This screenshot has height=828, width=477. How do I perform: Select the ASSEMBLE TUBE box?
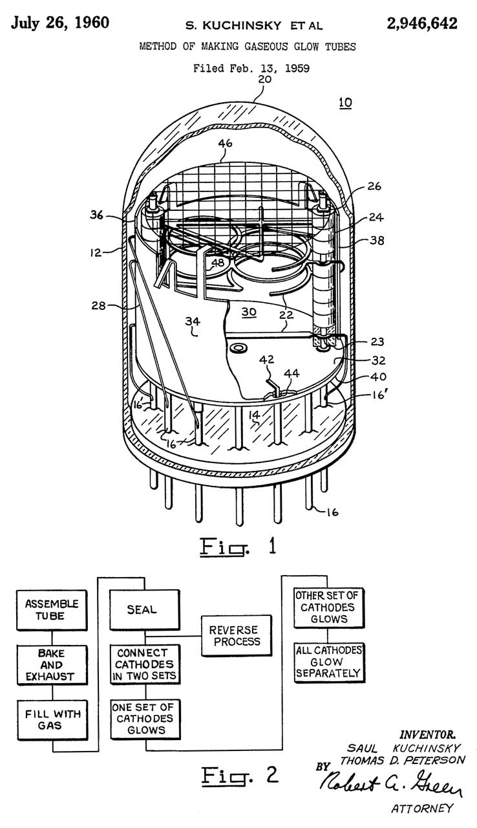52,609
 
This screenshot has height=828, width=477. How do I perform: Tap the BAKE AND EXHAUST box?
52,665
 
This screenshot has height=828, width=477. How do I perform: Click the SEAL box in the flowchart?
142,609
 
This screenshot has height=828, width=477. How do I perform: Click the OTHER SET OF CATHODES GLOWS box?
329,607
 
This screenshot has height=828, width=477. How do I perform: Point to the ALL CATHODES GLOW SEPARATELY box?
329,662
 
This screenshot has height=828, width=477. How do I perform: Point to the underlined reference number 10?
344,103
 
